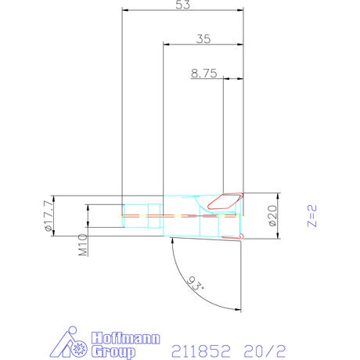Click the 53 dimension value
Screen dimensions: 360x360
[x=182, y=5]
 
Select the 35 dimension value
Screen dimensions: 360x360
[x=203, y=39]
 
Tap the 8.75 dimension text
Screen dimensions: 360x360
[x=203, y=74]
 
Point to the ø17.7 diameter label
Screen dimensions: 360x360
[x=49, y=216]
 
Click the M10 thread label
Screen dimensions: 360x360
[x=83, y=244]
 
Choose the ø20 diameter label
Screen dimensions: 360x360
[x=272, y=215]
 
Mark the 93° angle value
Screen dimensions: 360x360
[x=196, y=283]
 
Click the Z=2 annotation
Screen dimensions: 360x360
[x=312, y=216]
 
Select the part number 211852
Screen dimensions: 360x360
[x=201, y=351]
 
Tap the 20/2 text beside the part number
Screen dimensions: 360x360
[x=265, y=351]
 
